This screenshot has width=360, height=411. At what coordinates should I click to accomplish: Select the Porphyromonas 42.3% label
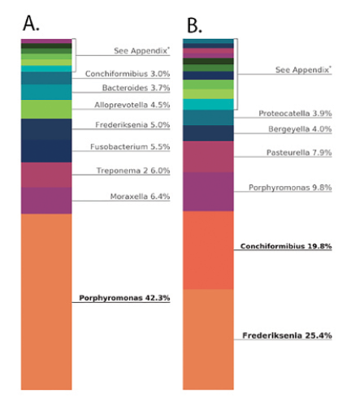click(124, 298)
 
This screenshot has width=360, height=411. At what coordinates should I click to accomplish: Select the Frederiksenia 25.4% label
click(287, 335)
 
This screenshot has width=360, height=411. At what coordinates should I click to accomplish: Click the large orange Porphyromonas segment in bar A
click(46, 301)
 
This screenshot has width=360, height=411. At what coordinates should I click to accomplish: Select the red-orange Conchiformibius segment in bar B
click(209, 250)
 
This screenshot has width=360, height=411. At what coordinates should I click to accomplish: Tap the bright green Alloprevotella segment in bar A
click(46, 109)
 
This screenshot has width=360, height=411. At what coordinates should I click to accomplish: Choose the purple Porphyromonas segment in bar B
click(209, 192)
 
